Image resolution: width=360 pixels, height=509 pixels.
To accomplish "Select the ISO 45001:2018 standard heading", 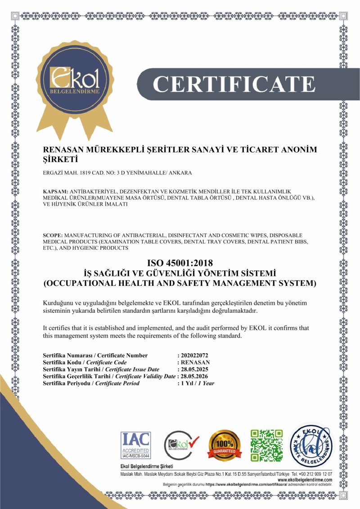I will (180, 263).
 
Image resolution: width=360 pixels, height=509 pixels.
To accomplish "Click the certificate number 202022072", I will (194, 355).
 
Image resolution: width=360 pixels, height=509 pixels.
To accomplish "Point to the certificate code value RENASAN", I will (195, 362).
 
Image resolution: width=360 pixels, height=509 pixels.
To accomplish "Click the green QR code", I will (267, 446).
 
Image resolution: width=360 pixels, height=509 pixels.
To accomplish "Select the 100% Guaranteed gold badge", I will (224, 446).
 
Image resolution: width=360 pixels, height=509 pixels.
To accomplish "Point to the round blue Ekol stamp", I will (310, 446).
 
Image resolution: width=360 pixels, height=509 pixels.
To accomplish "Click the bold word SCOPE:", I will (53, 235).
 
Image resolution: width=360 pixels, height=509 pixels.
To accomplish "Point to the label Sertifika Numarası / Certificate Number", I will (95, 355).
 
